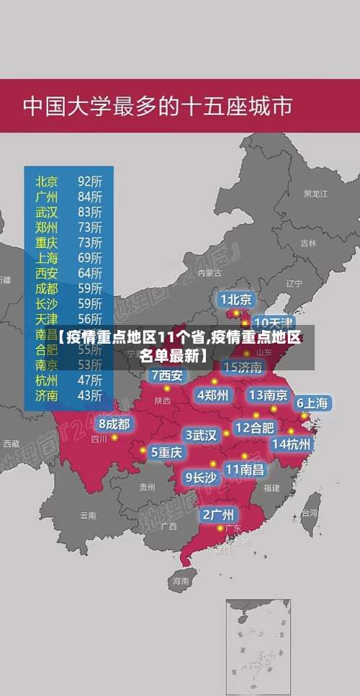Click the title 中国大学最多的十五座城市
[x=157, y=107]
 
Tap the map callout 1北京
[x=236, y=299]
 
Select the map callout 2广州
[x=217, y=514]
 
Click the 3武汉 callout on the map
[x=202, y=435]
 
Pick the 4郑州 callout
[x=213, y=395]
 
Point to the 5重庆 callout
[x=167, y=452]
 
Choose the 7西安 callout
[x=167, y=375]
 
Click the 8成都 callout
[x=115, y=424]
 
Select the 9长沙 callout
[x=201, y=477]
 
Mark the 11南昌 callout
[x=244, y=469]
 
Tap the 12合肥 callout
[x=254, y=427]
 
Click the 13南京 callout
[x=268, y=395]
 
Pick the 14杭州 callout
[x=291, y=444]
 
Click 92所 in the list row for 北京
[x=90, y=181]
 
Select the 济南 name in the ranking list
[x=47, y=395]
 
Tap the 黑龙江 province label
[x=315, y=194]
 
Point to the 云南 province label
[x=88, y=515]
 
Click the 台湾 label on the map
[x=309, y=514]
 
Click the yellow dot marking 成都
[x=114, y=437]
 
